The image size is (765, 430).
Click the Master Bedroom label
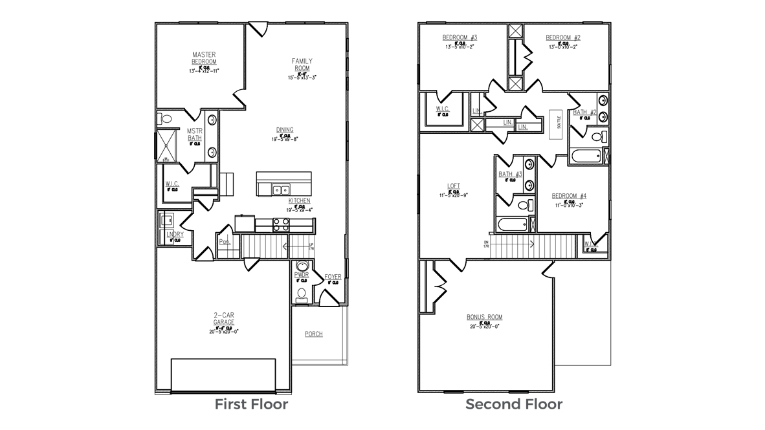204,58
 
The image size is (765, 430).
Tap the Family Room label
302,64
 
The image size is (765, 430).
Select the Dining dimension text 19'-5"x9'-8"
285,138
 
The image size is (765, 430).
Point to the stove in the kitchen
282,224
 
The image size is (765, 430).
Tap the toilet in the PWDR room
301,294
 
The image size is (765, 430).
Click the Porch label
314,334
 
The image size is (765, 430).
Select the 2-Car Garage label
224,319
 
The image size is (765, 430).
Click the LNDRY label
175,234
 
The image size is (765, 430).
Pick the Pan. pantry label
225,242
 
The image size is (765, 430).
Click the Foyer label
333,277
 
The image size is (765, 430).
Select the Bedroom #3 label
460,37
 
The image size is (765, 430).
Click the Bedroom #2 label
562,37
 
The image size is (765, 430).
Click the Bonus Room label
484,317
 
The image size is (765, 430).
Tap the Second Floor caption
514,405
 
